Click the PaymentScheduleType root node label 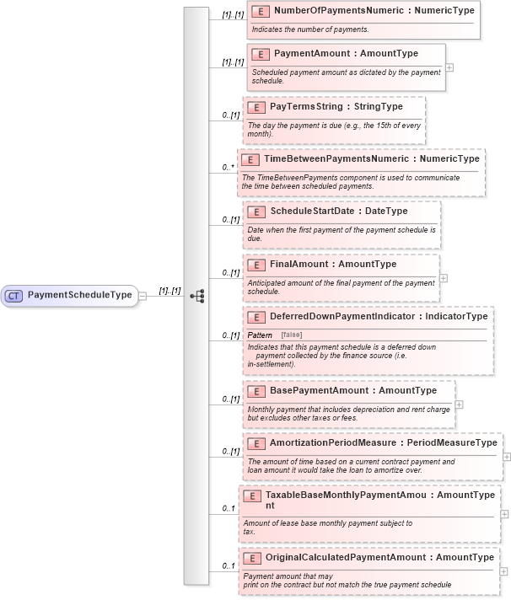pos(79,296)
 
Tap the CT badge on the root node pos(14,296)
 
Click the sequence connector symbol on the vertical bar pos(197,296)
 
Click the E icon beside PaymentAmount pos(261,54)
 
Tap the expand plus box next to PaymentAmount pos(449,67)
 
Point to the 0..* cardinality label pos(228,167)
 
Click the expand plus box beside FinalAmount pos(444,277)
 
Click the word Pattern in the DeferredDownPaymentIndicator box pos(260,335)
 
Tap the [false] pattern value pos(292,335)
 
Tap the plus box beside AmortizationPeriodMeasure pos(507,456)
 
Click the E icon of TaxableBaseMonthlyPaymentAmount pos(251,496)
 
